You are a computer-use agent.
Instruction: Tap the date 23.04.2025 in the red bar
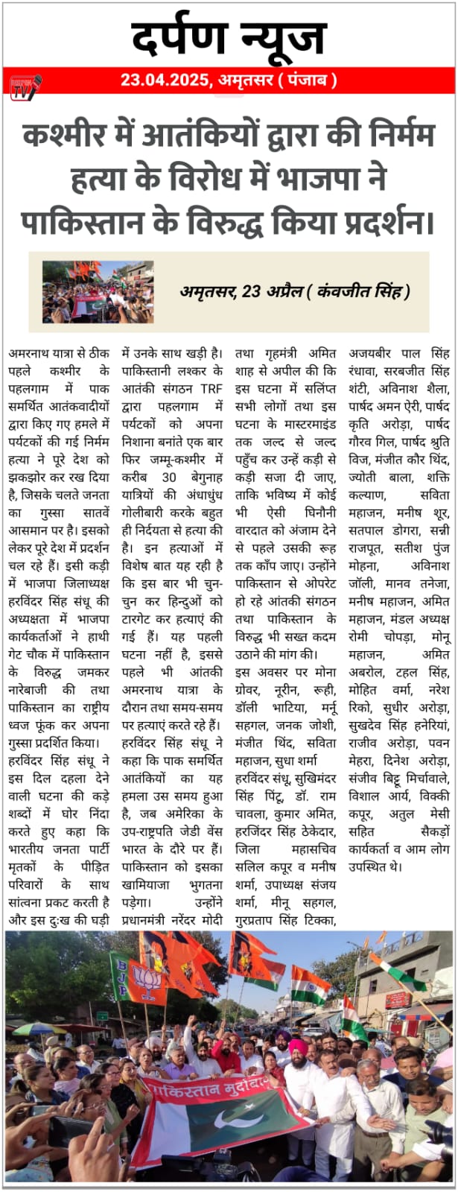(164, 80)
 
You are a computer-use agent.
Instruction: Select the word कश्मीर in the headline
(57, 136)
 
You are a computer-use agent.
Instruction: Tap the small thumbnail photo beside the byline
(98, 291)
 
